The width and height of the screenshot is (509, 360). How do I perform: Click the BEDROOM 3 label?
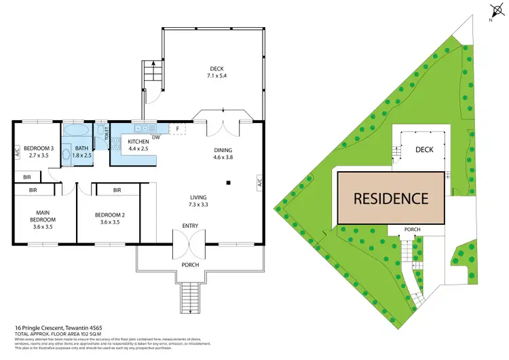tap(39, 151)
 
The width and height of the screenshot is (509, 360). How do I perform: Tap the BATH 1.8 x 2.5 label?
tap(82, 151)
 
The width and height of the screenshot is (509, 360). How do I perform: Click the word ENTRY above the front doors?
tap(190, 225)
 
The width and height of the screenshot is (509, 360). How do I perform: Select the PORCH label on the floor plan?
tap(190, 265)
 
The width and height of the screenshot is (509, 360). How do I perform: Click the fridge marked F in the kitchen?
tap(177, 128)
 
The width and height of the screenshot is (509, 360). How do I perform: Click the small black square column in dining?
tap(229, 182)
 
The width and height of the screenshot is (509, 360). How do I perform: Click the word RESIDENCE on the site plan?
tap(390, 198)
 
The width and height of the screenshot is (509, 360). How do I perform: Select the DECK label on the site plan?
tap(424, 149)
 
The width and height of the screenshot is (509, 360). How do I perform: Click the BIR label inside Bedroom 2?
tap(117, 190)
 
